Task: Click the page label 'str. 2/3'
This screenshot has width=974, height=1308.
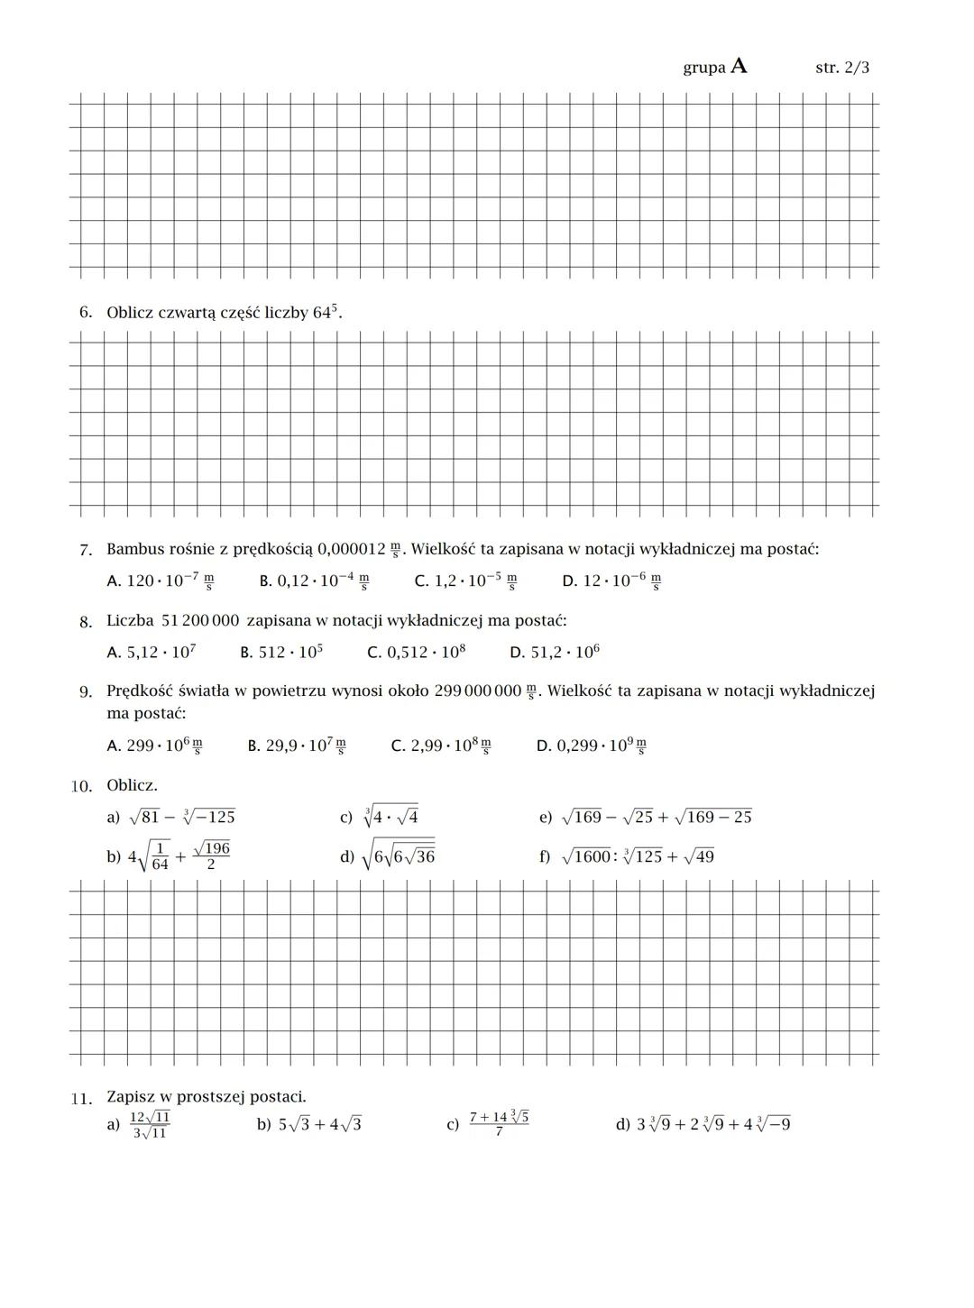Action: click(x=841, y=68)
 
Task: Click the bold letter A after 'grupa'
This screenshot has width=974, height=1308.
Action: click(x=739, y=66)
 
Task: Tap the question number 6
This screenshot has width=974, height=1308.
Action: click(x=85, y=313)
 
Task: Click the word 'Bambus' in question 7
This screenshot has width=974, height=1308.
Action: click(x=134, y=549)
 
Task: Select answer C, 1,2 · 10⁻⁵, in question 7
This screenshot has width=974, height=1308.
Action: click(x=465, y=581)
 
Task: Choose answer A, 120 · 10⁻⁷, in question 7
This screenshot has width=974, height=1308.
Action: click(x=161, y=581)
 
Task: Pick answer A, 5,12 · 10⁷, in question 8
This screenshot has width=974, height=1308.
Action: click(x=152, y=652)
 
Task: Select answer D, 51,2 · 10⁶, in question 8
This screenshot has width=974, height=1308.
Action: click(x=554, y=652)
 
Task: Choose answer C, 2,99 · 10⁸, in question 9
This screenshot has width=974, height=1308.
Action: click(x=441, y=746)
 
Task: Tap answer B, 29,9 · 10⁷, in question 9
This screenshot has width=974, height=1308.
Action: click(x=297, y=746)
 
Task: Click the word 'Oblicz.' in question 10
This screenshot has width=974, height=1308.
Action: click(x=132, y=785)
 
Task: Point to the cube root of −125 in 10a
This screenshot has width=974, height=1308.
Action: click(x=208, y=817)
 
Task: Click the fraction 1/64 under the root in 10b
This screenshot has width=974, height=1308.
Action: click(x=160, y=855)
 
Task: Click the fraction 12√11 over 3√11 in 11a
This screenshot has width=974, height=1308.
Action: click(x=150, y=1125)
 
